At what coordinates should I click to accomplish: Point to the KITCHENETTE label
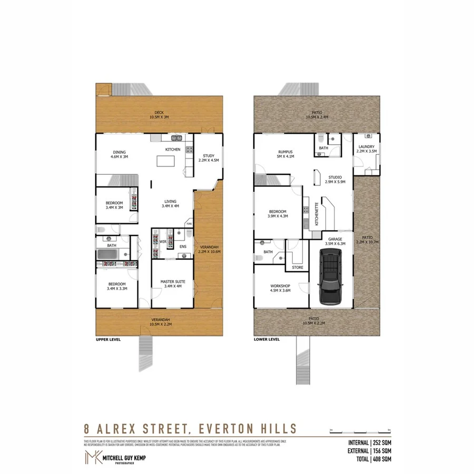(317, 214)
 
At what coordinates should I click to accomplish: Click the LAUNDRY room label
(366, 147)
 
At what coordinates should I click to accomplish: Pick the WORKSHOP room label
(280, 286)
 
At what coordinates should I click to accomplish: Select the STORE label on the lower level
(298, 267)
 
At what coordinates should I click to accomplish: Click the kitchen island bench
(169, 164)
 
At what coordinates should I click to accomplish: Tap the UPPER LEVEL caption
(108, 340)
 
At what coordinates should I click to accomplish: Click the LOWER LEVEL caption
(266, 340)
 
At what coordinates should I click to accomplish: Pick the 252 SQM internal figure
(382, 442)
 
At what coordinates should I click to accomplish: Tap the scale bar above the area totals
(359, 432)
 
